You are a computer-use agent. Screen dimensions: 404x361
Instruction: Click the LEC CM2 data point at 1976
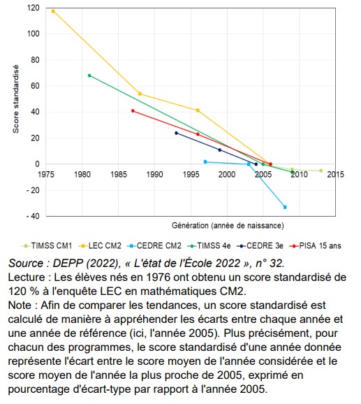[53, 11]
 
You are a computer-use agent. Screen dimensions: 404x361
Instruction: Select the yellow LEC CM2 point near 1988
[140, 94]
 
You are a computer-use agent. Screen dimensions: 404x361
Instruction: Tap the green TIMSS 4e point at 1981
[89, 75]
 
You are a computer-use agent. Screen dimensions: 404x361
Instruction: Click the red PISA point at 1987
[133, 110]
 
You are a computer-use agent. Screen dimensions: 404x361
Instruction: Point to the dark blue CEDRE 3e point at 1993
[176, 133]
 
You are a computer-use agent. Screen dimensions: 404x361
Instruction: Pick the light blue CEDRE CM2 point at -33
[285, 207]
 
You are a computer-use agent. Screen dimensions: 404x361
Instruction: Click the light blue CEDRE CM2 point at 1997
[205, 161]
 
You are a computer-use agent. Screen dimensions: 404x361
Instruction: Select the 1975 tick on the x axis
[47, 173]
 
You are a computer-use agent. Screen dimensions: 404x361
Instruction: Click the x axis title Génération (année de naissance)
[227, 226]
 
